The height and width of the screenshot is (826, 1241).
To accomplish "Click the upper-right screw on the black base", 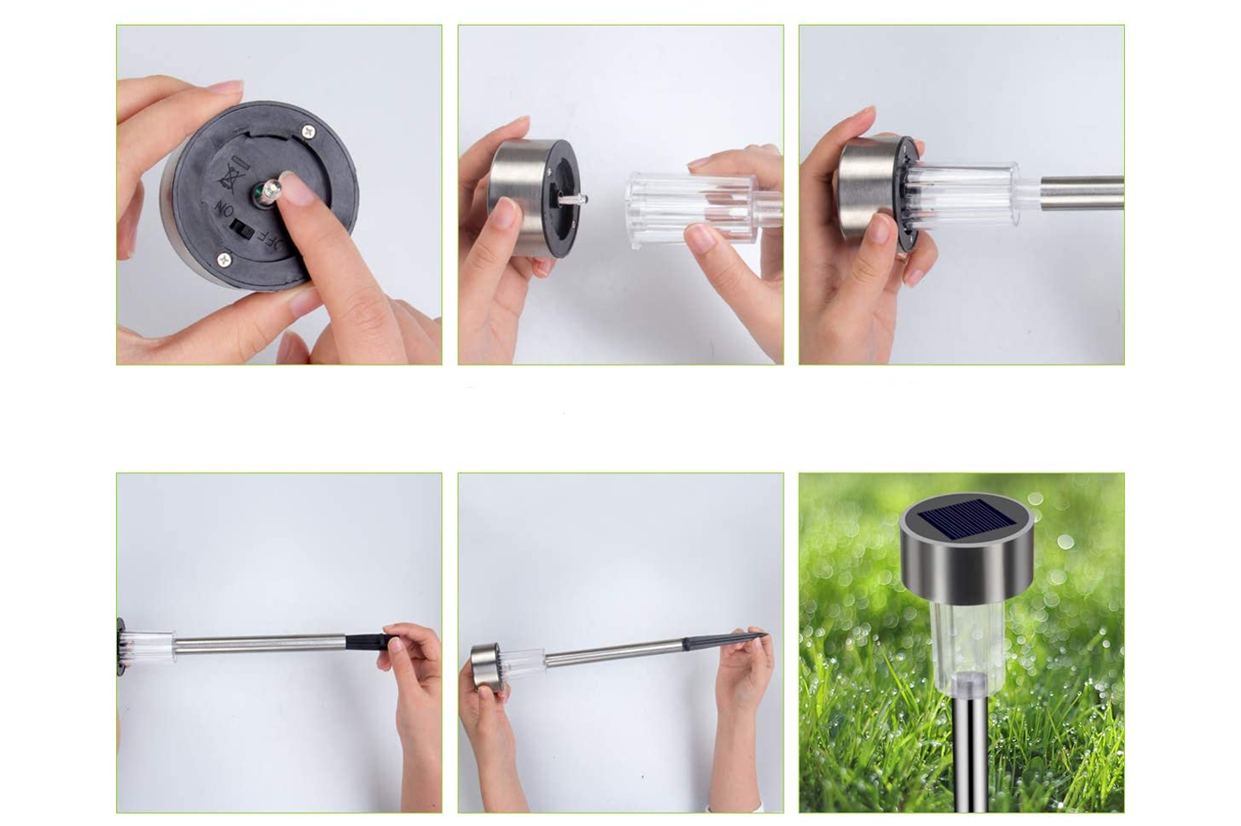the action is click(308, 131).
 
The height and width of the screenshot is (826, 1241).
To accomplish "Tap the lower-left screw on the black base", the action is click(223, 258).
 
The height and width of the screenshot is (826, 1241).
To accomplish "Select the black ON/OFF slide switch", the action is click(244, 229).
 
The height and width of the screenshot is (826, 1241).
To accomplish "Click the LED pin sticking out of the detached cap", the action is click(573, 198).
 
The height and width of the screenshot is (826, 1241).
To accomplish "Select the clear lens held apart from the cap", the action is click(702, 209).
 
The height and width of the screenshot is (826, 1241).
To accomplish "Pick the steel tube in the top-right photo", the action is click(1081, 192).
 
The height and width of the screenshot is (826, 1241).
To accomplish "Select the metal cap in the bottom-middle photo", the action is click(488, 666).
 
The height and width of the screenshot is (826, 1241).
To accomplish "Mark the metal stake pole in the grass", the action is click(970, 752).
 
